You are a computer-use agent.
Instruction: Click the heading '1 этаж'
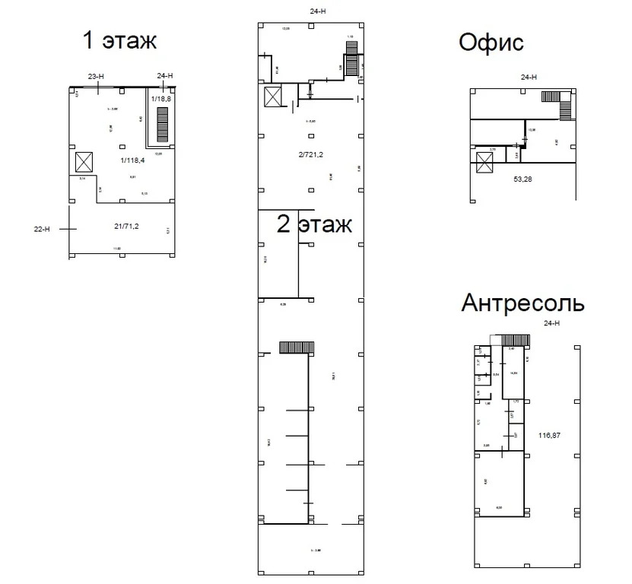tap(119, 40)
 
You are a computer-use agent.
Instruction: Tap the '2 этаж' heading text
tap(314, 224)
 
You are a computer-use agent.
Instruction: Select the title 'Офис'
tap(491, 43)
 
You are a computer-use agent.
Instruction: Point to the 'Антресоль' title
tap(523, 303)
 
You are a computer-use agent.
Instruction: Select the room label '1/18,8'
tap(161, 100)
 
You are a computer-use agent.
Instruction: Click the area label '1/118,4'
tap(133, 160)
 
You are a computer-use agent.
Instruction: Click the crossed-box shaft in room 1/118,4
tap(83, 162)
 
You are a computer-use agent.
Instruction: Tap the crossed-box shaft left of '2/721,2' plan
tap(272, 97)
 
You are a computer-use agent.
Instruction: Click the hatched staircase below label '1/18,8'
tap(161, 123)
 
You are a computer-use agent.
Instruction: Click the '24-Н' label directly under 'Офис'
tap(529, 77)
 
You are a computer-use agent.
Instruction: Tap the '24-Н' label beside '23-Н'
tap(165, 75)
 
